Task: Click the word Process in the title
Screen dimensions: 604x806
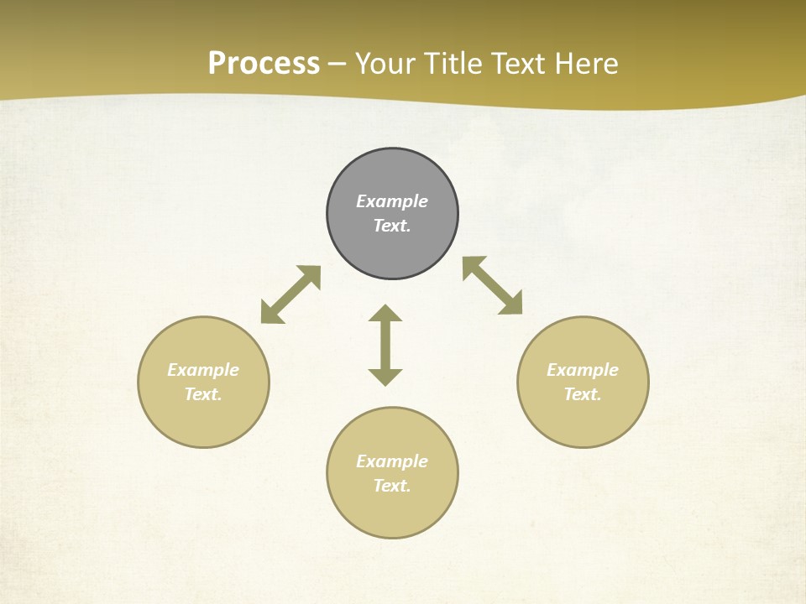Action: pos(264,64)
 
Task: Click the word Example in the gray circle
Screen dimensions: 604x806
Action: pos(392,201)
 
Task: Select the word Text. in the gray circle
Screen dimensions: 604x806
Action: pos(392,226)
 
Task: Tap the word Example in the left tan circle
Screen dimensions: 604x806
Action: pos(203,370)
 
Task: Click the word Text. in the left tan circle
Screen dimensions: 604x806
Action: pos(203,394)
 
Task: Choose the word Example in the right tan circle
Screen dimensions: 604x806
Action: pos(583,370)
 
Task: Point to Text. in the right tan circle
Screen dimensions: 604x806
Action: pos(583,394)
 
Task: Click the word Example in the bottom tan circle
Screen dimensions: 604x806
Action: pos(392,461)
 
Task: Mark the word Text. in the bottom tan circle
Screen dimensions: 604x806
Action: pos(392,486)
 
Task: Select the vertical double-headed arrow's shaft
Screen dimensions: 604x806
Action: pos(385,345)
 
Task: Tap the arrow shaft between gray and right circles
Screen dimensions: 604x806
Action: pos(493,285)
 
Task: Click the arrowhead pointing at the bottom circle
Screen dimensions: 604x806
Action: pos(385,377)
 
